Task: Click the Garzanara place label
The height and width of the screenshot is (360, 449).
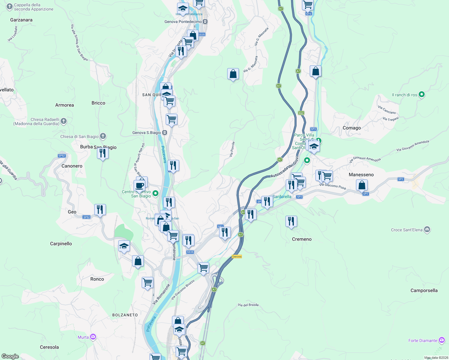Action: point(21,20)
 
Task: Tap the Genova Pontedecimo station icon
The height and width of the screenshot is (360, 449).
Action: point(205,22)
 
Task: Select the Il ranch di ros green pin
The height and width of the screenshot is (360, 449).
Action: point(422,94)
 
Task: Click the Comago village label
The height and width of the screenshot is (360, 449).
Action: point(352,128)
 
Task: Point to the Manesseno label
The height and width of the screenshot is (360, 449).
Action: point(361,175)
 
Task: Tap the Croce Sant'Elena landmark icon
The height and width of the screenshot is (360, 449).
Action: point(427,230)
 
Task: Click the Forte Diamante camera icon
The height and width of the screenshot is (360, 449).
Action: point(442,340)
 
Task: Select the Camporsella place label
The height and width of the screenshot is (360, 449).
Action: point(424,290)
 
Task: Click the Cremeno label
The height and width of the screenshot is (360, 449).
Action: point(302,239)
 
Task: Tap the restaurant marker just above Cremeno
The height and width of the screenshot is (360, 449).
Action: point(291,221)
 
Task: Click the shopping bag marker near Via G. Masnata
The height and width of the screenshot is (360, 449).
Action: point(233,74)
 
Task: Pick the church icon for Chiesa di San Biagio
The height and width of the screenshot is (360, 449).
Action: point(103,136)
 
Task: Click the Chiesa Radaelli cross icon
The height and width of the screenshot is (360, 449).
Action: point(64,121)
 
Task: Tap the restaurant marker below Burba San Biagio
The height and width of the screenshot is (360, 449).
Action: point(103,153)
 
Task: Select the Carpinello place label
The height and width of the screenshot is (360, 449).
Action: point(61,244)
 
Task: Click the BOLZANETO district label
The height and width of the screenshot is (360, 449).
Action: point(125,315)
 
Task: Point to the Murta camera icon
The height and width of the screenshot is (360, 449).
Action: point(93,337)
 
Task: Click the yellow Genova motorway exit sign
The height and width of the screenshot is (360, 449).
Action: point(237,256)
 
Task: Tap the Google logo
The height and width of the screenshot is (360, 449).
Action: point(10,356)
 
